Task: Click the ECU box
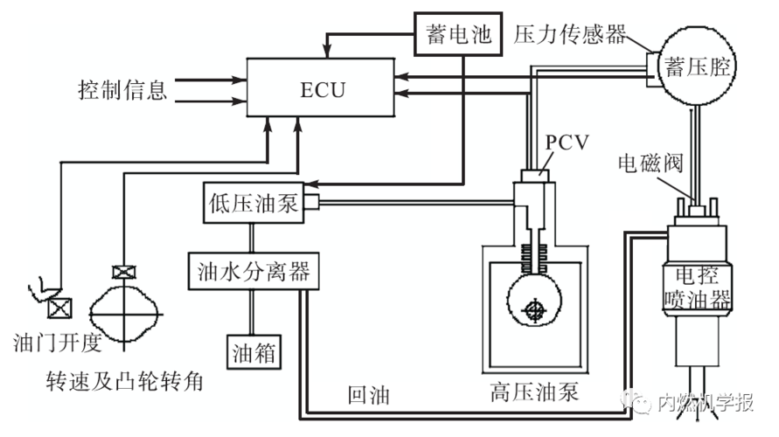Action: [x=318, y=89]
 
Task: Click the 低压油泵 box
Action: [x=253, y=204]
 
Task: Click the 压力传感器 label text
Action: [x=570, y=35]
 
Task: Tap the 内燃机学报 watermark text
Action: [x=705, y=403]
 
